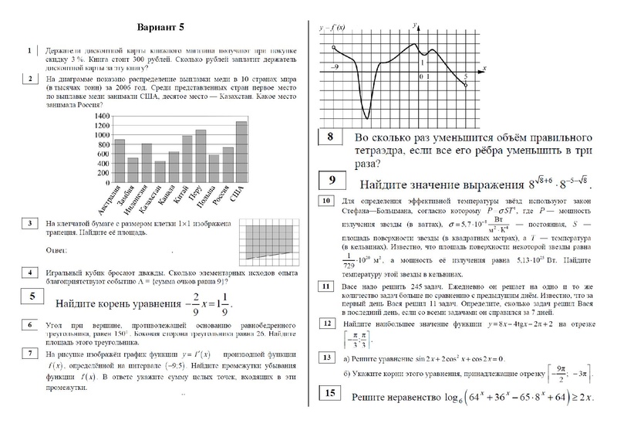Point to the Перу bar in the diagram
tap(201, 153)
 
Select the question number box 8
tap(330, 137)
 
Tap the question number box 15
tap(330, 396)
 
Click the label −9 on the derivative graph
tap(335, 68)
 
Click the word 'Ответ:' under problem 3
tap(59, 251)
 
